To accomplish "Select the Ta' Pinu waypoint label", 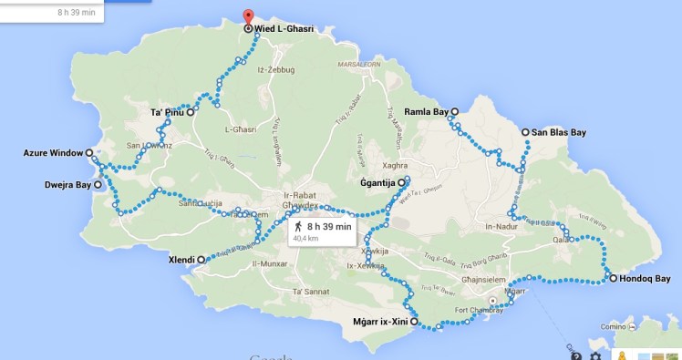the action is coord(168,113).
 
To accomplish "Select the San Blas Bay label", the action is coord(559,132).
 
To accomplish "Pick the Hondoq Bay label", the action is coord(645,278).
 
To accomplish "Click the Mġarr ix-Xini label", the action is coord(378,322).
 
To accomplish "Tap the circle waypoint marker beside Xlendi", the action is coord(201,260).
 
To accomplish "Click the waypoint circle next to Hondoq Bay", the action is coord(612,278).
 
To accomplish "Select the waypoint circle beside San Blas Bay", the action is coord(526,132).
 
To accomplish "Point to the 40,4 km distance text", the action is coord(304,239).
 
